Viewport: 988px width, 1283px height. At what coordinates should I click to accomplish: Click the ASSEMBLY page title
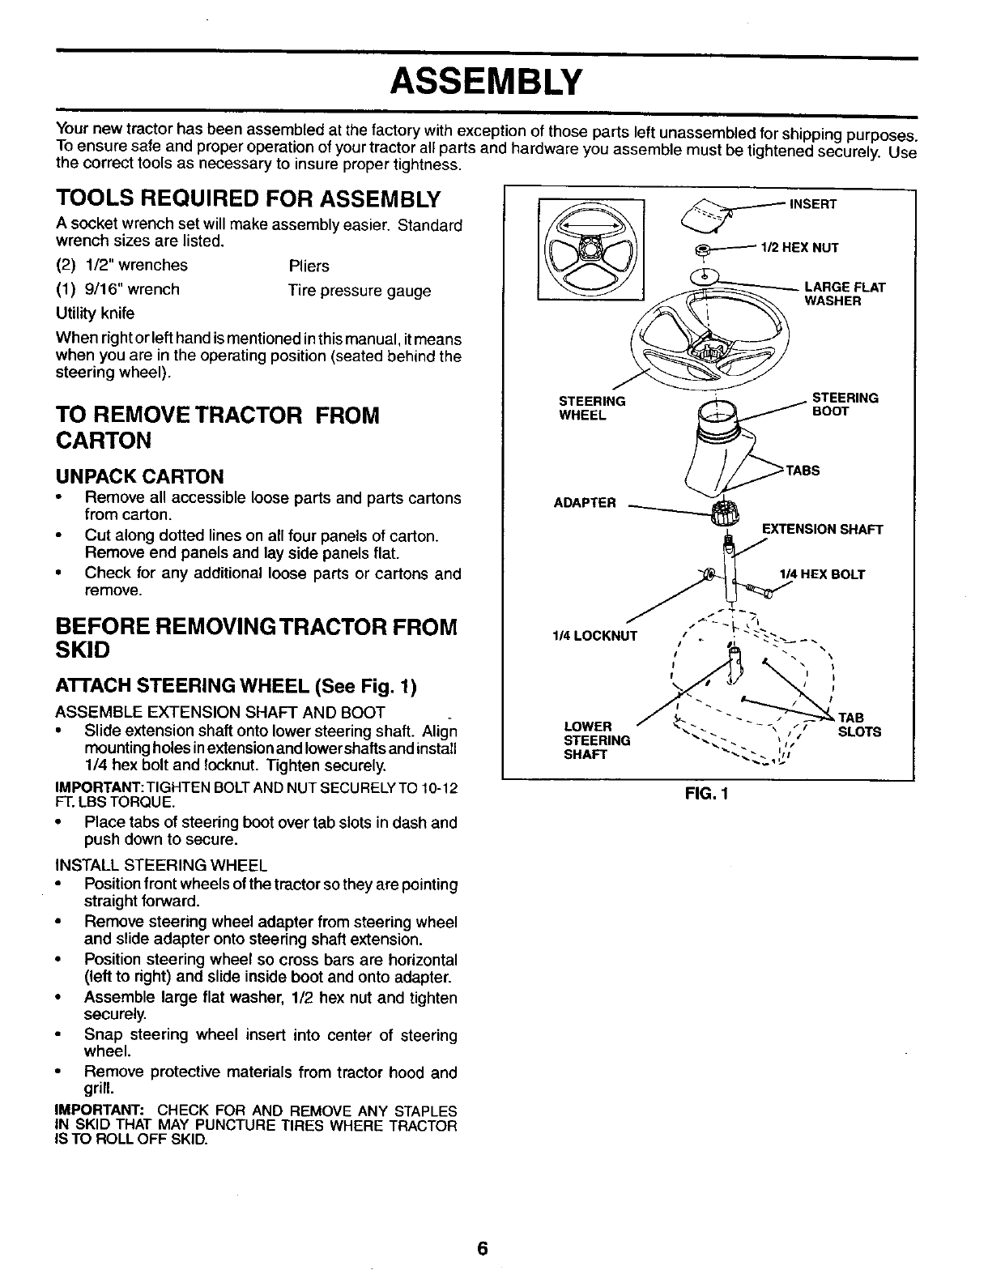pyautogui.click(x=486, y=81)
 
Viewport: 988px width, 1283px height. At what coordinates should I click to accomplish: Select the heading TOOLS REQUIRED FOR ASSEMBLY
pyautogui.click(x=248, y=199)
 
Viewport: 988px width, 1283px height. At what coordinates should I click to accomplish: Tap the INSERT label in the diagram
pyautogui.click(x=813, y=204)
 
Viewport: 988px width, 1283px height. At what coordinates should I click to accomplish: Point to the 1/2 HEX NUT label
pyautogui.click(x=798, y=248)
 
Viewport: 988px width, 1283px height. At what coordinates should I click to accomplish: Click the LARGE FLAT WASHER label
pyautogui.click(x=844, y=294)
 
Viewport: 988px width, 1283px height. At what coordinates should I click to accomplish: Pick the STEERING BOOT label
pyautogui.click(x=845, y=404)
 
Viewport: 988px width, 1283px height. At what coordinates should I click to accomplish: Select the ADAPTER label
pyautogui.click(x=585, y=503)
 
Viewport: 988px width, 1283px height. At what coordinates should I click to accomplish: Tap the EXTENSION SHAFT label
pyautogui.click(x=822, y=530)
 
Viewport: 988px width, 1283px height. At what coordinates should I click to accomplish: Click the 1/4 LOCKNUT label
pyautogui.click(x=594, y=636)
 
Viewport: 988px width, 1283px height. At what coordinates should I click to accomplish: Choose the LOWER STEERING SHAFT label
pyautogui.click(x=596, y=740)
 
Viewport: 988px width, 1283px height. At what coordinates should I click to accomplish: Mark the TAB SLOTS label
pyautogui.click(x=858, y=725)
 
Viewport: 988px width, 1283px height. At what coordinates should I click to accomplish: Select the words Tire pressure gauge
pyautogui.click(x=360, y=291)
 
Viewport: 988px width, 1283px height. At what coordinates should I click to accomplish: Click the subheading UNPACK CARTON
pyautogui.click(x=139, y=475)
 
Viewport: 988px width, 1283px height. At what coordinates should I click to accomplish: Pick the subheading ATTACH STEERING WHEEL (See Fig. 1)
pyautogui.click(x=236, y=688)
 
